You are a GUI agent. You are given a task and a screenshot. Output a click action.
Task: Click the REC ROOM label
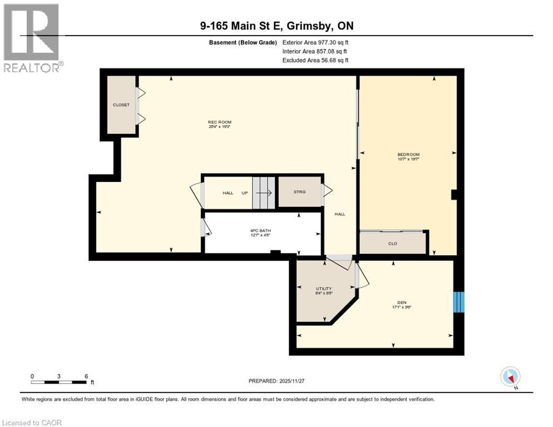pyautogui.click(x=219, y=122)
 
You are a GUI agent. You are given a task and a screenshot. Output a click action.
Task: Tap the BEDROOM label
pyautogui.click(x=408, y=155)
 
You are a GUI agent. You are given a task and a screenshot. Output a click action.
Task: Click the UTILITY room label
pyautogui.click(x=324, y=289)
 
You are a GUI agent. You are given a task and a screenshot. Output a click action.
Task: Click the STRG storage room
pyautogui.click(x=300, y=192)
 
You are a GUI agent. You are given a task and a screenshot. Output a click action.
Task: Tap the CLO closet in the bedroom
pyautogui.click(x=393, y=243)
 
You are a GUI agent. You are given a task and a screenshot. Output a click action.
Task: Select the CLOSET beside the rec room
pyautogui.click(x=121, y=105)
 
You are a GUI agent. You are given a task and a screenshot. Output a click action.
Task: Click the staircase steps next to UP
pyautogui.click(x=264, y=193)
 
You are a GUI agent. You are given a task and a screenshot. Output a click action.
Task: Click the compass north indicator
pyautogui.click(x=510, y=377)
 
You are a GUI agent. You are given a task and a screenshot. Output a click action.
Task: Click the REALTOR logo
pyautogui.click(x=32, y=38)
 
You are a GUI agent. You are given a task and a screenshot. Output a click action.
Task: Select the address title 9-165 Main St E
pyautogui.click(x=276, y=26)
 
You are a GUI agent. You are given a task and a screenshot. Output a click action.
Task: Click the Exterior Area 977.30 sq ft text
pyautogui.click(x=315, y=42)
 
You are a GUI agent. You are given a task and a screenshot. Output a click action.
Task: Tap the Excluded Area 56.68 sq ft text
pyautogui.click(x=315, y=60)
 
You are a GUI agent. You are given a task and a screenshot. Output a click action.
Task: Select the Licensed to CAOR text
pyautogui.click(x=32, y=423)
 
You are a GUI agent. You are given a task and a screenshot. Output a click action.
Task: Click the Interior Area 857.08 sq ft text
pyautogui.click(x=315, y=51)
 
